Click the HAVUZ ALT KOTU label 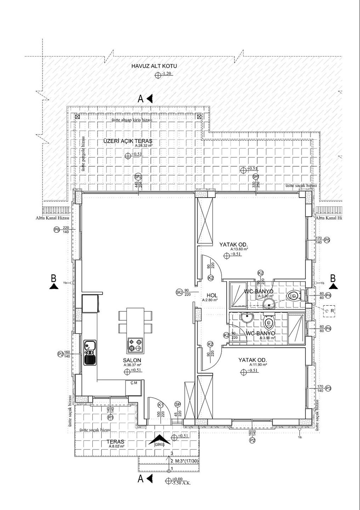[x=154, y=66]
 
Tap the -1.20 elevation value [x=166, y=74]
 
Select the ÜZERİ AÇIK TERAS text [x=127, y=141]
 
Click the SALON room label [x=132, y=360]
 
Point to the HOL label [x=212, y=295]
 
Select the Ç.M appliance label [x=134, y=382]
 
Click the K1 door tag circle [x=160, y=405]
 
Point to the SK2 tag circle [x=179, y=292]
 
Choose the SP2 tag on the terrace [x=138, y=177]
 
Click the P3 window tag [x=328, y=388]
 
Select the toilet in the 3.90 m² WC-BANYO [x=269, y=322]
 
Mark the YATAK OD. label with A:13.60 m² [x=233, y=245]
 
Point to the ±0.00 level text [x=177, y=479]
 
